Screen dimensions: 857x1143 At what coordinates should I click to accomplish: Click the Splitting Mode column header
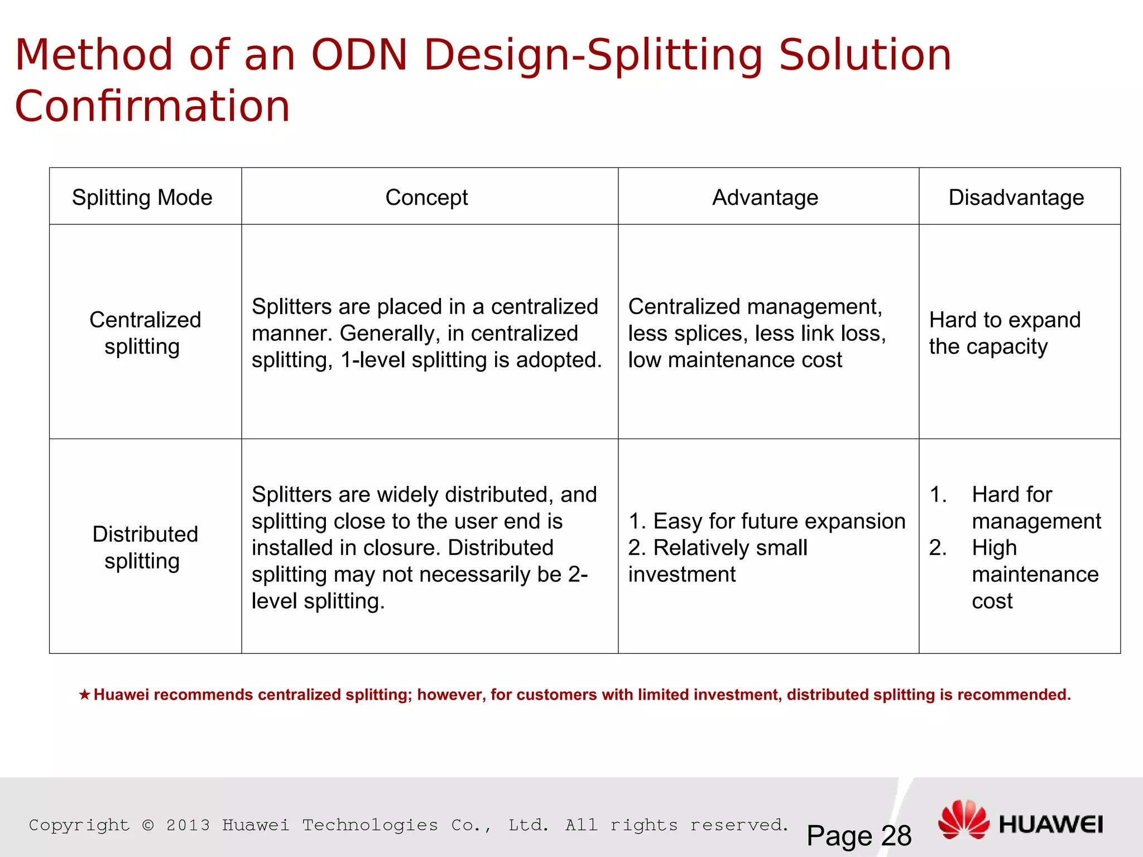[142, 198]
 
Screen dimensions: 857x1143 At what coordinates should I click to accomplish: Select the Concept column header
[426, 198]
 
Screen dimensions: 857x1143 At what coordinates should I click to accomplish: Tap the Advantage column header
[765, 198]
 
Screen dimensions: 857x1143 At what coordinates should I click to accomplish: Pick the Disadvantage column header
[1016, 198]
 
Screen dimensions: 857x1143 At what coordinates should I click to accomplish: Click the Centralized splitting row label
[145, 333]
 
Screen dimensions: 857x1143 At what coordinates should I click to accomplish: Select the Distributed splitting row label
[145, 547]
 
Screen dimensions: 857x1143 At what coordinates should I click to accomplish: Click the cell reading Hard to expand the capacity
[1005, 333]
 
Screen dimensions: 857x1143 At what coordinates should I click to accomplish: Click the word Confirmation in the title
[152, 106]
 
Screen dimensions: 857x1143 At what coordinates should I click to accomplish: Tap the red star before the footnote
[84, 695]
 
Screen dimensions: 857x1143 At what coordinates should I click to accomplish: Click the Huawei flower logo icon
[963, 820]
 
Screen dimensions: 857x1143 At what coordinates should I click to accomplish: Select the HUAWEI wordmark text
[1051, 825]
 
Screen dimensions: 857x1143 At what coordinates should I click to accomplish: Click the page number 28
[896, 836]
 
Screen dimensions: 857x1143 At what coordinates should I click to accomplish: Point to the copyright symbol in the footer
[148, 825]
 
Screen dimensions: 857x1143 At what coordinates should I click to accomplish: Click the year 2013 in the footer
[188, 825]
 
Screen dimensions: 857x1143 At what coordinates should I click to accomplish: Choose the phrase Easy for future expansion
[779, 521]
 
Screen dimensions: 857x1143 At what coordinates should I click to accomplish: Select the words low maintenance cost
[734, 360]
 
